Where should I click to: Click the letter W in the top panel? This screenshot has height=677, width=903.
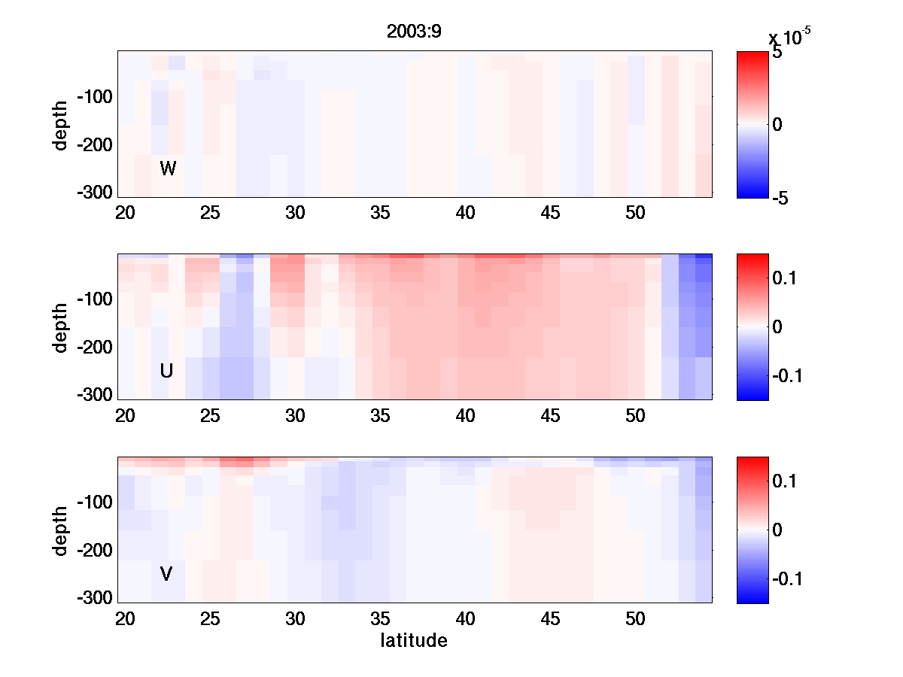coord(168,168)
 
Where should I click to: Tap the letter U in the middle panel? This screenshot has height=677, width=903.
coord(167,371)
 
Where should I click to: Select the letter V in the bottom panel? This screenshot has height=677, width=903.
coord(167,575)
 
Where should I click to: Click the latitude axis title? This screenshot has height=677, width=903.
coord(413,641)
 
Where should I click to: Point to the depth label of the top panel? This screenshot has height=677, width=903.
coord(61,124)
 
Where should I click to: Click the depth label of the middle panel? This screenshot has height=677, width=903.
coord(61,327)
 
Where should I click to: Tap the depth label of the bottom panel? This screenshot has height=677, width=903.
coord(61,530)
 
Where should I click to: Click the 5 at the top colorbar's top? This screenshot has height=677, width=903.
coord(777,53)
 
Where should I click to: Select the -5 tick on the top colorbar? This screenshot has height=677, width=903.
coord(783,198)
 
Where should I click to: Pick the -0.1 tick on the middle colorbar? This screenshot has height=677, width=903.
coord(789,375)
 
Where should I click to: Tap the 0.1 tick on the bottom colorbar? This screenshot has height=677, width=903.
coord(786,481)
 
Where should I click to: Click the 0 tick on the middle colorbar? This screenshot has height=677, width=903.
coord(777,326)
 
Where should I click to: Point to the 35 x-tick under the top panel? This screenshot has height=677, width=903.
coord(381,213)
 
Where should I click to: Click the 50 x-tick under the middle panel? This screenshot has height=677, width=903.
coord(636,416)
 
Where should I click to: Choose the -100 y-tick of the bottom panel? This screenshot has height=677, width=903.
coord(94,502)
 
